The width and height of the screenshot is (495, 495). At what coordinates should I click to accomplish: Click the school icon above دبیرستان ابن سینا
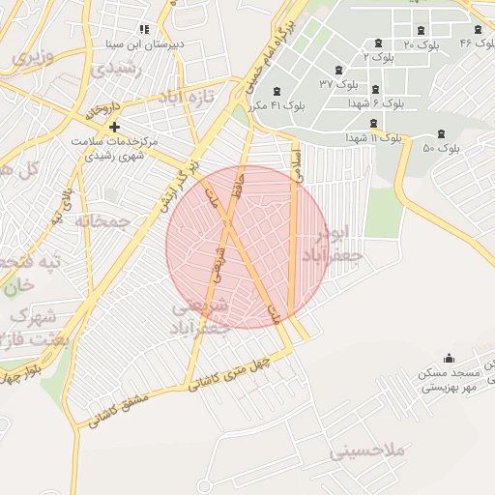pos(145,29)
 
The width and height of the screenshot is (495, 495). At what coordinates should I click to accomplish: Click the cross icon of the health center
pos(115,128)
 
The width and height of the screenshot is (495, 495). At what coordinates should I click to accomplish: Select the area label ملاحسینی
pos(369,451)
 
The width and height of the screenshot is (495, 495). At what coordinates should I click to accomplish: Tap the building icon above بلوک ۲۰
pos(420,30)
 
